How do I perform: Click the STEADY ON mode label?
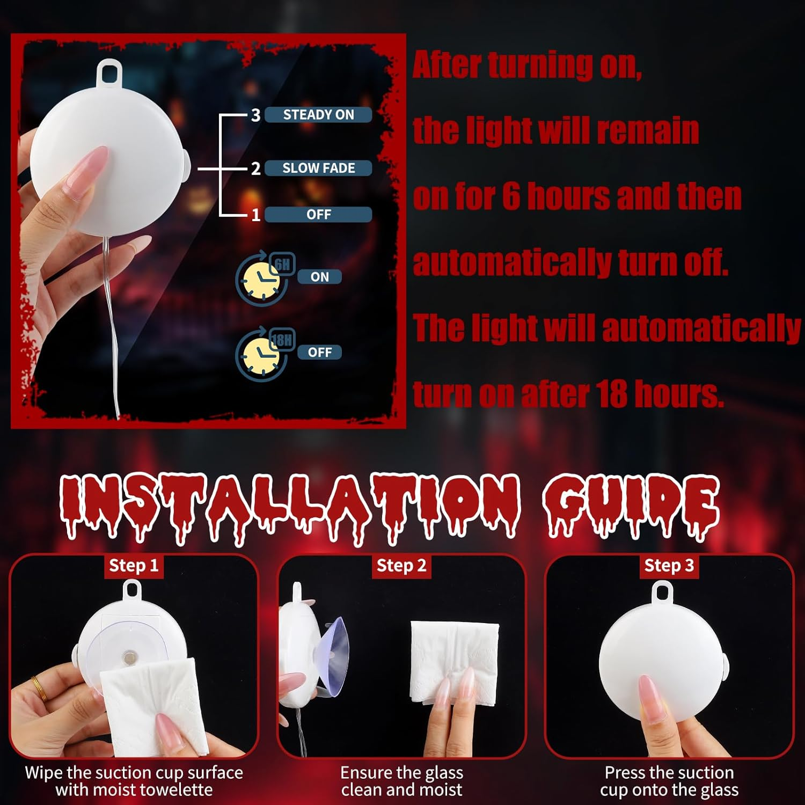click(318, 115)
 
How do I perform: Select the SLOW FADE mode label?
click(318, 168)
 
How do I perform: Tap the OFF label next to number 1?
click(318, 215)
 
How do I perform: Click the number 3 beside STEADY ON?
click(255, 115)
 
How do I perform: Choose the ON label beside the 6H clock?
click(319, 277)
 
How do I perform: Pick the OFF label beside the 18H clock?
click(319, 352)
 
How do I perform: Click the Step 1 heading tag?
click(134, 566)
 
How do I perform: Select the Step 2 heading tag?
click(401, 566)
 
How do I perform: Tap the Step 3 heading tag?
click(669, 566)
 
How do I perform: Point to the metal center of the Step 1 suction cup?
click(130, 656)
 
